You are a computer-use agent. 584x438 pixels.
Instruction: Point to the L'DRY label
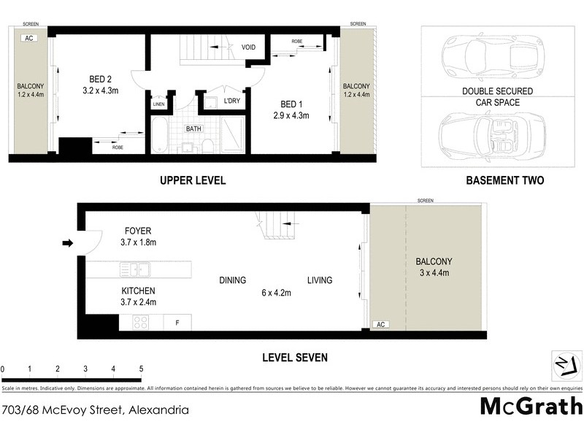coord(232,100)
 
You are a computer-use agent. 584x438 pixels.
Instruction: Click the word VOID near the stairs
coord(249,47)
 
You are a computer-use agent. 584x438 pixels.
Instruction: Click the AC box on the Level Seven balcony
coord(380,324)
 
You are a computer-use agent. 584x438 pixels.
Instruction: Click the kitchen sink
coord(135,270)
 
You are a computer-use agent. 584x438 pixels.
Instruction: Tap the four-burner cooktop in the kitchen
coord(141,321)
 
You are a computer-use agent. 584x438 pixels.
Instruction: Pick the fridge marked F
coord(177,321)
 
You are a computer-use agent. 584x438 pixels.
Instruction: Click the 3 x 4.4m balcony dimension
coord(434,274)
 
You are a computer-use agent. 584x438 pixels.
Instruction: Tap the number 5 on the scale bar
coord(141,369)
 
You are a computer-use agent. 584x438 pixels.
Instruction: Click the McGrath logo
coord(531,406)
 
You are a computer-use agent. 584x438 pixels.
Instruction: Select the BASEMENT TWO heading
coord(504,180)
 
